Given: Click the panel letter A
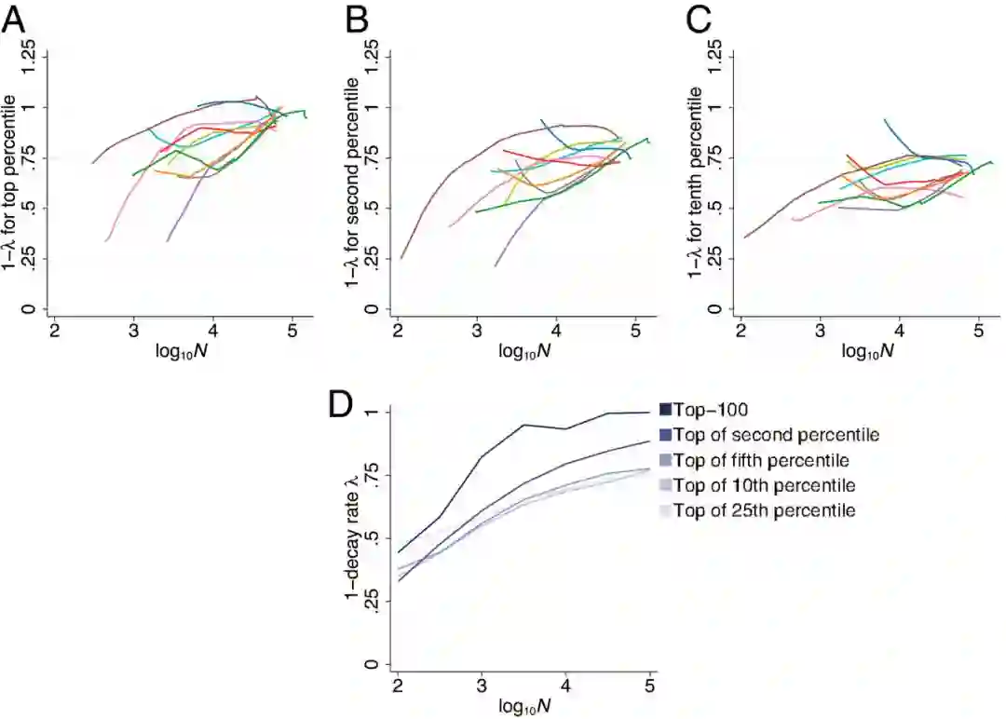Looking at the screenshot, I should [x=14, y=19].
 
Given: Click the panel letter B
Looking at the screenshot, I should [x=358, y=19].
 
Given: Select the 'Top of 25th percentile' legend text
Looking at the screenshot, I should [x=766, y=510].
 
